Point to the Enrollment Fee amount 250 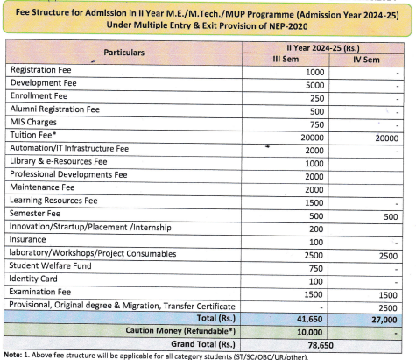click(318, 98)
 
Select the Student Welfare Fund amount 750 click(318, 266)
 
